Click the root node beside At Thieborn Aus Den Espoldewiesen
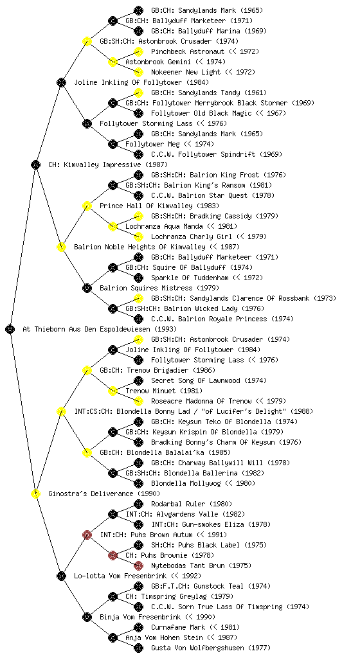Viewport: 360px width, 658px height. pos(10,329)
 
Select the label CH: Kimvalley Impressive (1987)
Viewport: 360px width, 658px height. pos(108,164)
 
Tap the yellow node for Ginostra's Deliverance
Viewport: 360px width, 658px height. pos(35,493)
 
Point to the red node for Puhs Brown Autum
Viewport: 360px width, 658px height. pos(87,535)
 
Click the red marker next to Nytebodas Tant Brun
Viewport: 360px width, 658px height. pos(138,565)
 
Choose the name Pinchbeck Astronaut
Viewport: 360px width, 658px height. pos(188,51)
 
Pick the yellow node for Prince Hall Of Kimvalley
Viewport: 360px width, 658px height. pos(87,206)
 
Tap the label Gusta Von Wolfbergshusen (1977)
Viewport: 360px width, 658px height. pos(211,648)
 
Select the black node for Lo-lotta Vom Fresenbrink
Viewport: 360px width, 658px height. pos(61,576)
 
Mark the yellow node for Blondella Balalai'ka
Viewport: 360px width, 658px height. pos(87,452)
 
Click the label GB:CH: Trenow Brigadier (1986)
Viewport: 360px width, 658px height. pos(157,370)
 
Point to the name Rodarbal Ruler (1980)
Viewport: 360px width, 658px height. pos(192,504)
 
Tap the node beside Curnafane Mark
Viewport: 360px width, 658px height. pos(138,627)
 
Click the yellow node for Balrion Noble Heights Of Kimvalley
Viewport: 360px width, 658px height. pos(61,247)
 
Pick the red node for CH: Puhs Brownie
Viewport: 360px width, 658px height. pos(113,555)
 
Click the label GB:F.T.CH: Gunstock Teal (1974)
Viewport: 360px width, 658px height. pos(211,586)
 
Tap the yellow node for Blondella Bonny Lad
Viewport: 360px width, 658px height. pos(61,411)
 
